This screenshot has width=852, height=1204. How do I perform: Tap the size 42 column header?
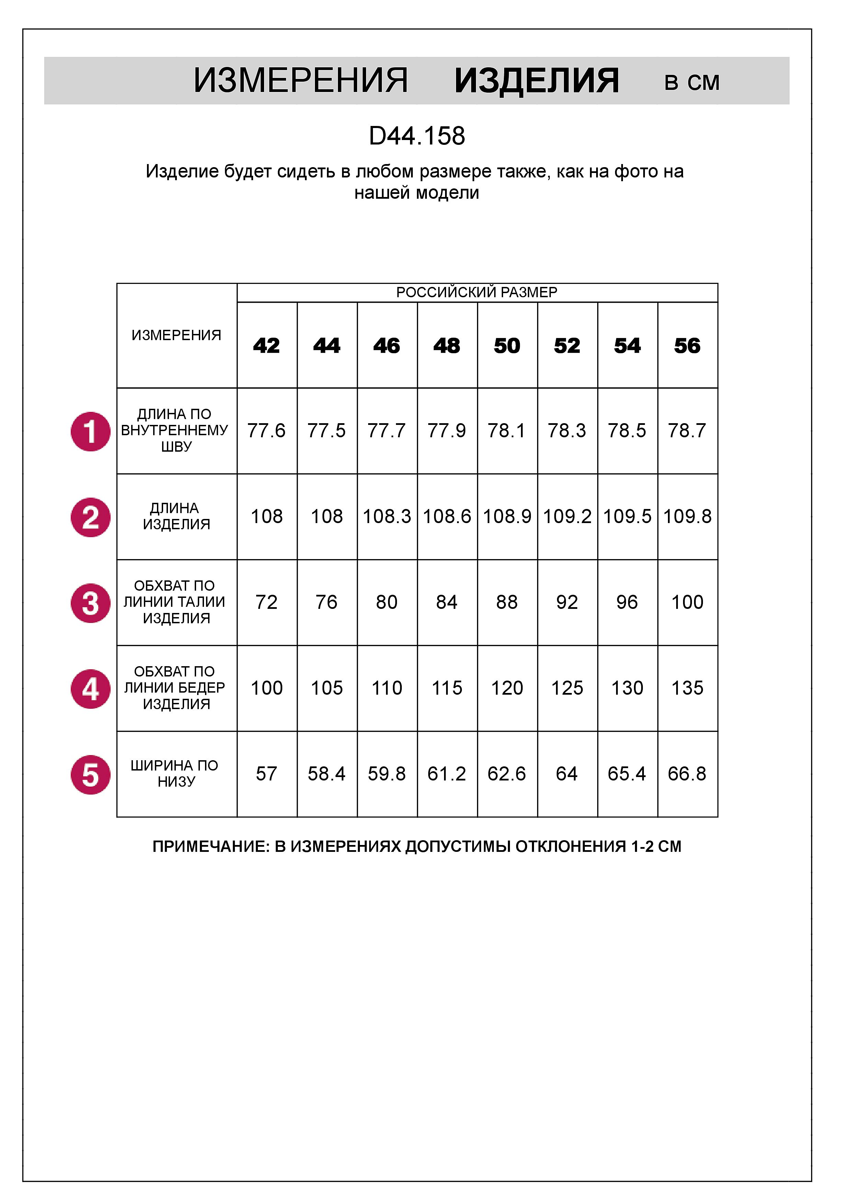click(266, 346)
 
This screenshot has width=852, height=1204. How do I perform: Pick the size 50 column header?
click(507, 346)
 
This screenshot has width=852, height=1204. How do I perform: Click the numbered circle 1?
click(90, 431)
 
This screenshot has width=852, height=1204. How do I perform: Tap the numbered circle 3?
click(90, 603)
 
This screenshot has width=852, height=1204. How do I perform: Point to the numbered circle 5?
click(90, 775)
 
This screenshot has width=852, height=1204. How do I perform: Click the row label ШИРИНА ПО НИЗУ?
click(176, 774)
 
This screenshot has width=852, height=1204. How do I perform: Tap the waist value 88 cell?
click(507, 602)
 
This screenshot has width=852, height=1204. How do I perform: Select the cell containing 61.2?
click(447, 774)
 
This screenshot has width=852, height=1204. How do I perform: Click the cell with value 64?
click(567, 774)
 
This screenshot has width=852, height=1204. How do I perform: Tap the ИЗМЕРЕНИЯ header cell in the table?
click(176, 335)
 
